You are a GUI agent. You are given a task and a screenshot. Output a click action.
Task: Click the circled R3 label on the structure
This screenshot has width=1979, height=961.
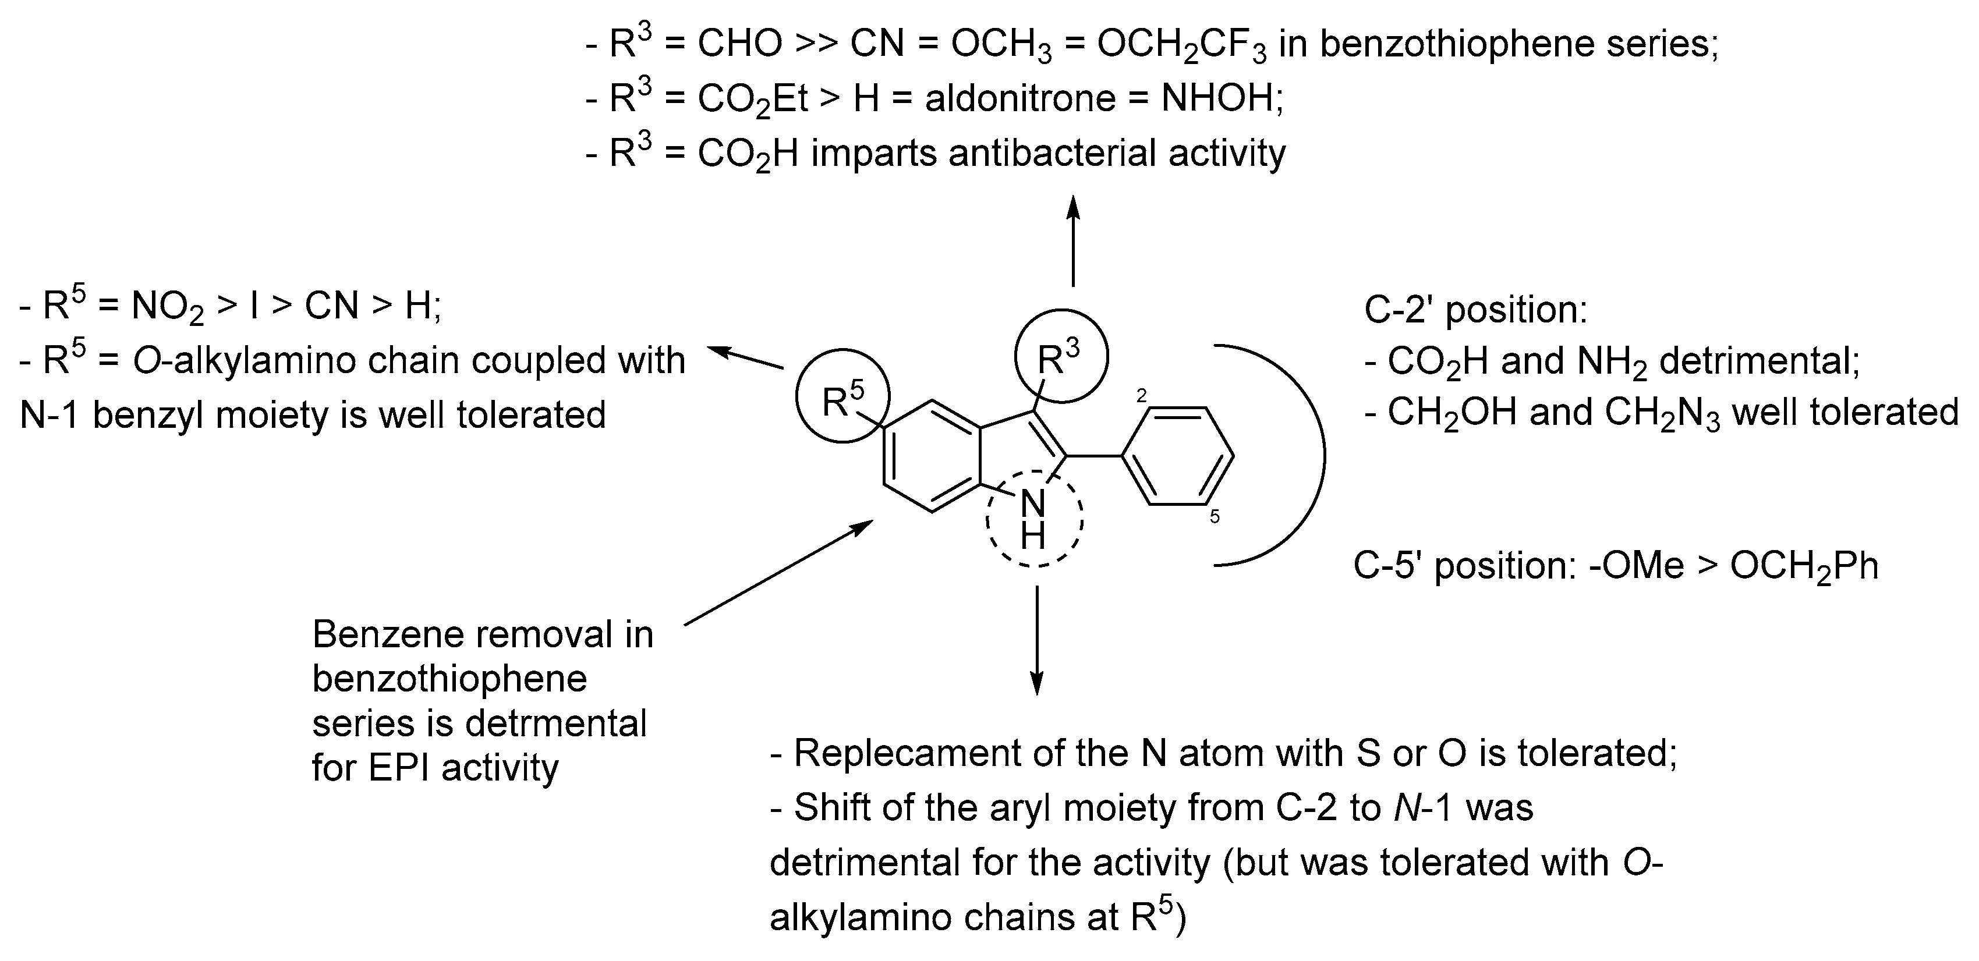1060,357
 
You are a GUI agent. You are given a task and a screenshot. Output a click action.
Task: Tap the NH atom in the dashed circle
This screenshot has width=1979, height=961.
1033,519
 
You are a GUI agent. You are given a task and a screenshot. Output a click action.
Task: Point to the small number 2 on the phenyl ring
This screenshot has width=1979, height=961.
1142,396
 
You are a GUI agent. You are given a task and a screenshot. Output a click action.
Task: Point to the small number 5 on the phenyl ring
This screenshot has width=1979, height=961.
1215,517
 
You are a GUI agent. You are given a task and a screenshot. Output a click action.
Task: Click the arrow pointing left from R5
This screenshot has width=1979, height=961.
745,358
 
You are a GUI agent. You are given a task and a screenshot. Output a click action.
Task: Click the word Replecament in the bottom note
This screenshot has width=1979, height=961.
907,753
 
